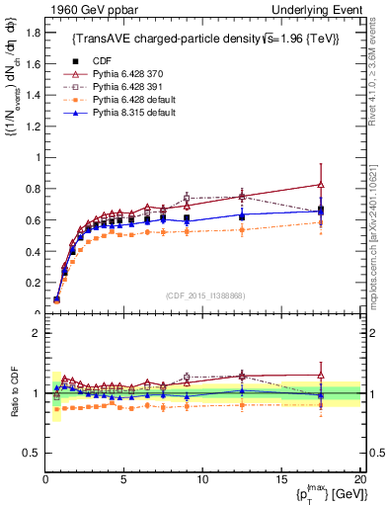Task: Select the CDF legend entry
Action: coord(103,60)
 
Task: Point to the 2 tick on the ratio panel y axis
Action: coord(36,333)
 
